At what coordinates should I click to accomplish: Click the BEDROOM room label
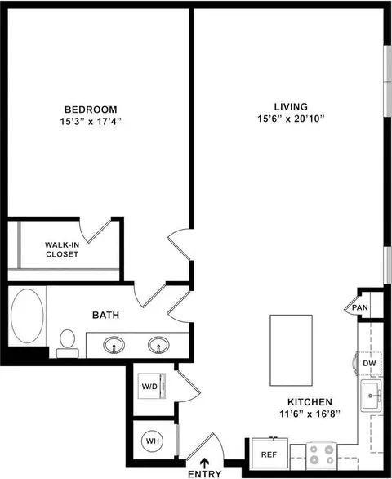pos(91,110)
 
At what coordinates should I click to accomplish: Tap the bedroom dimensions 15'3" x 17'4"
pos(91,122)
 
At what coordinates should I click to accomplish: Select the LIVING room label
pos(291,106)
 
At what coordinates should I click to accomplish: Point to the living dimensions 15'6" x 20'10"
pos(291,119)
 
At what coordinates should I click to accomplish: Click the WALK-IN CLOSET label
pos(62,249)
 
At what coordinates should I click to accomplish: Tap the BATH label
pos(105,315)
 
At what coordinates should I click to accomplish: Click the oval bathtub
pos(27,316)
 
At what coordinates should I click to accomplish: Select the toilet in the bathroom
pos(68,343)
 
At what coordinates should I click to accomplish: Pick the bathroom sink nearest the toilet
pos(114,345)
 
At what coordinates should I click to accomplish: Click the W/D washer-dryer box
pos(152,386)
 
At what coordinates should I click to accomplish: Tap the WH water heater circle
pos(153,441)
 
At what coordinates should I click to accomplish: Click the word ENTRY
pos(204,474)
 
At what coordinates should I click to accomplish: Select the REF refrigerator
pos(269,454)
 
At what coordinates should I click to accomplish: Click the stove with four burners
pos(322,454)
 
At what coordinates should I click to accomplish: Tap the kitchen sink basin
pos(372,396)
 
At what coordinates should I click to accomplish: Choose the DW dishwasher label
pos(369,364)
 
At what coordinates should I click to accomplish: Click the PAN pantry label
pos(360,307)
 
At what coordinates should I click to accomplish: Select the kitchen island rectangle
pos(291,351)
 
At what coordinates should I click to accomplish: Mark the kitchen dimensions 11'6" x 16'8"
pos(310,414)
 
